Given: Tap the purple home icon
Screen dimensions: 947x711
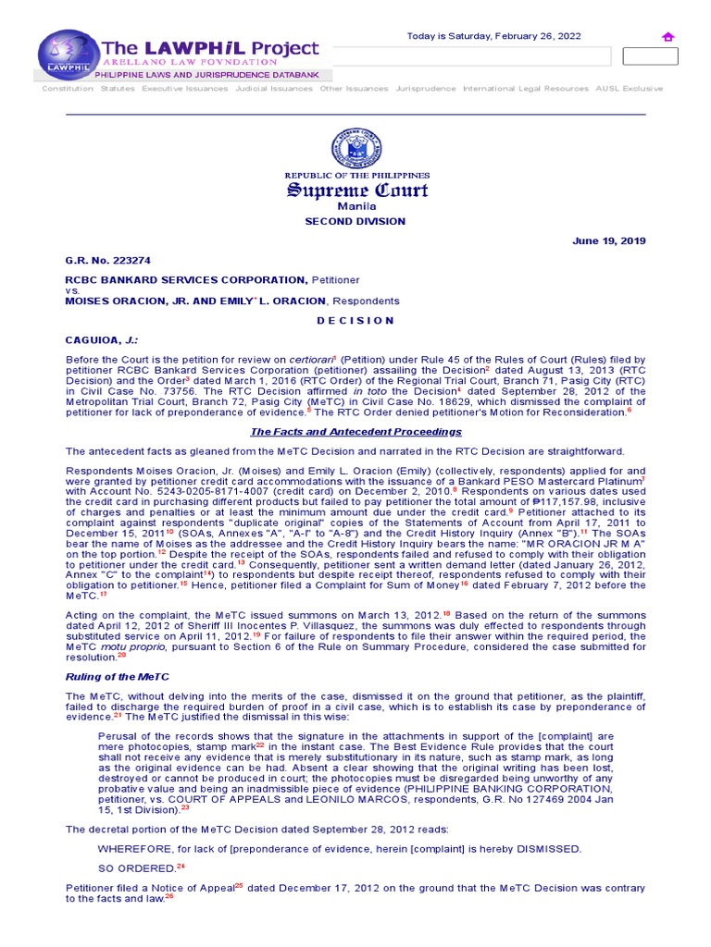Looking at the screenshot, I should click(x=667, y=37).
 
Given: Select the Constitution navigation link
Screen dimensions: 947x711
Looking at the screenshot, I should click(x=68, y=89).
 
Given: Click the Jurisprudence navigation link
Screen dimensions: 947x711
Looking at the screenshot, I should click(x=426, y=89).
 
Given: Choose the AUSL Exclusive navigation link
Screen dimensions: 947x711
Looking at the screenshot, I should click(x=629, y=89).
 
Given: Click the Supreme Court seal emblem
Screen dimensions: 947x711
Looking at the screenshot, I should click(x=356, y=149).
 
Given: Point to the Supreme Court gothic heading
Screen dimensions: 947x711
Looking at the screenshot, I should click(x=356, y=191).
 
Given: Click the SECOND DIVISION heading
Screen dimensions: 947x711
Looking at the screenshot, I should click(x=355, y=222).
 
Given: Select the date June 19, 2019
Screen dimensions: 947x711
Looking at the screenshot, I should click(x=609, y=241).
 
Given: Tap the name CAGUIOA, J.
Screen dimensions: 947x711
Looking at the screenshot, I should click(x=96, y=340).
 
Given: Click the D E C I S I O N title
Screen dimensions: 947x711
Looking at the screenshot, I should click(x=356, y=320).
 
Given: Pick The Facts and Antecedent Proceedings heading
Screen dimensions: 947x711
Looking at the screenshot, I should click(x=356, y=432).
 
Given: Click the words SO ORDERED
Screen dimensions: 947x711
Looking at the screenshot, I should click(x=136, y=868).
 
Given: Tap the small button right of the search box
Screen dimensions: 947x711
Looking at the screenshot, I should click(x=650, y=56).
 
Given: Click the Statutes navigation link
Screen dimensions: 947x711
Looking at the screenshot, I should click(x=118, y=89).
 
